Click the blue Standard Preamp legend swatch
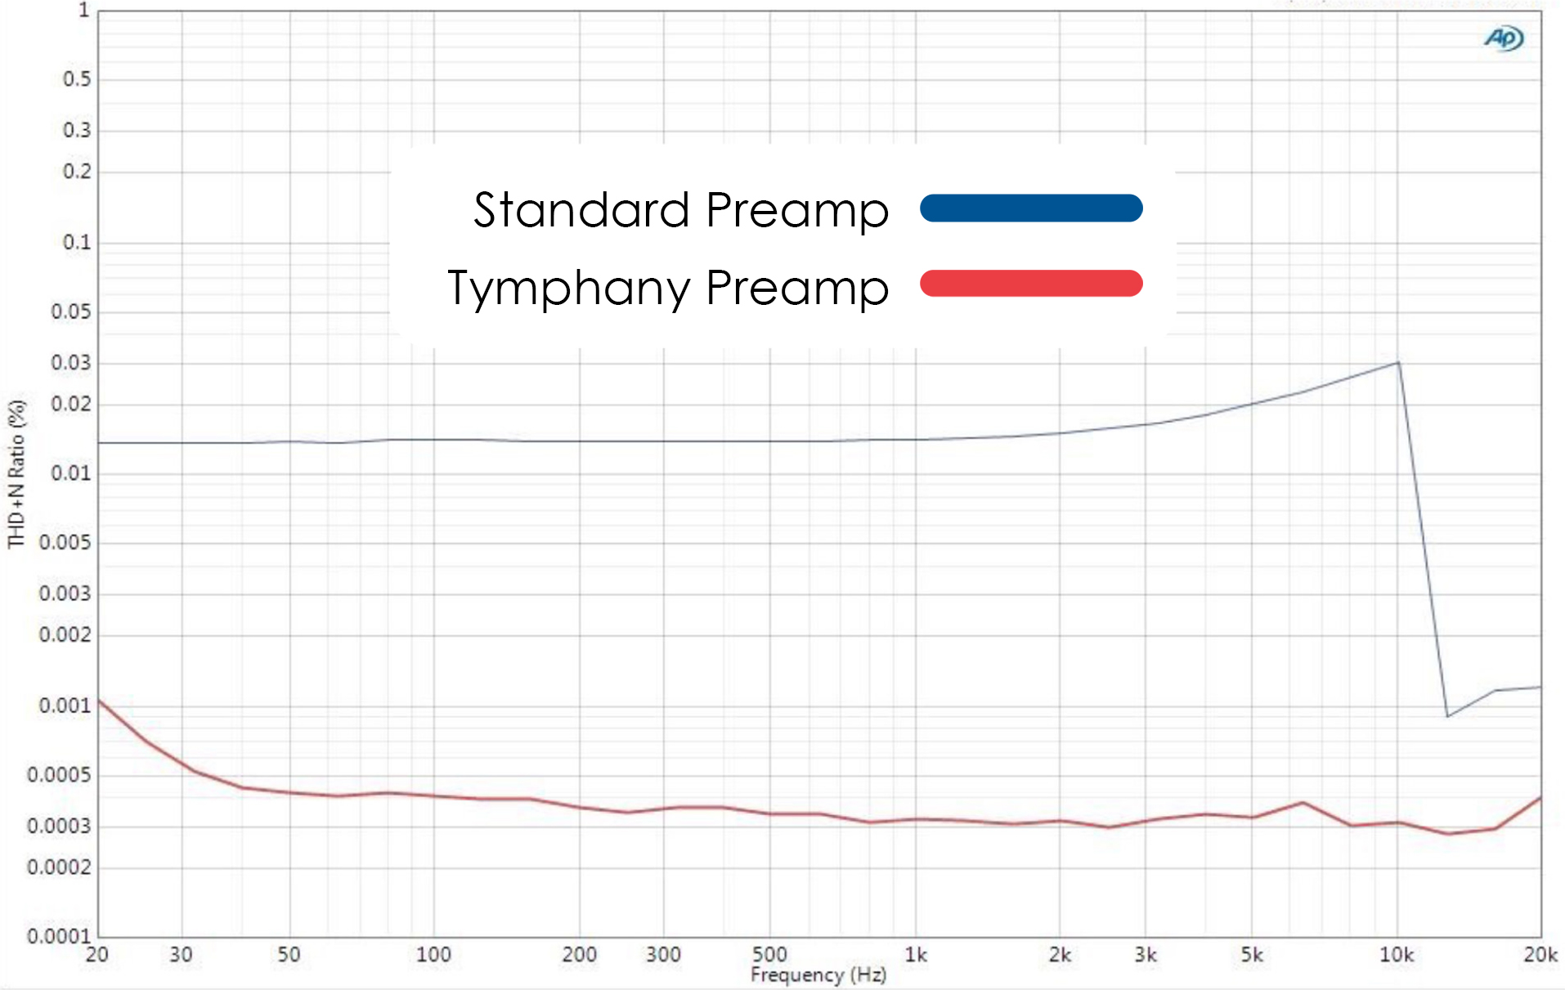click(x=1031, y=208)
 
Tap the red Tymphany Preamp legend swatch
click(x=1031, y=284)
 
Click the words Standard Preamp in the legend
click(x=680, y=210)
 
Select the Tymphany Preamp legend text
click(x=667, y=288)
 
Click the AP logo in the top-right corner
click(x=1503, y=38)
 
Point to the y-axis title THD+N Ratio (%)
click(x=16, y=473)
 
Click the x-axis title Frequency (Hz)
click(x=818, y=974)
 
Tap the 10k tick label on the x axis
click(x=1397, y=955)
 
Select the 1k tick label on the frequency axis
click(x=916, y=955)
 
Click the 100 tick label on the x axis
click(x=433, y=955)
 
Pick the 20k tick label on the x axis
click(x=1540, y=955)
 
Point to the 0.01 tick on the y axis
click(x=71, y=473)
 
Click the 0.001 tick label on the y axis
click(x=65, y=706)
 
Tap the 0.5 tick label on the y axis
click(x=77, y=79)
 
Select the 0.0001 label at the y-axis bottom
click(x=59, y=936)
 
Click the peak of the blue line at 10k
click(x=1398, y=362)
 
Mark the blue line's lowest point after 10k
click(x=1447, y=716)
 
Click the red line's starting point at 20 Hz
click(x=99, y=701)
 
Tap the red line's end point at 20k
click(x=1540, y=798)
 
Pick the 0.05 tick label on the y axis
click(x=71, y=311)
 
